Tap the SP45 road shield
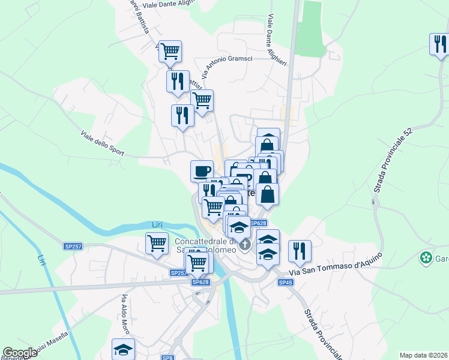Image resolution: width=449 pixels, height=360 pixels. pyautogui.click(x=286, y=282)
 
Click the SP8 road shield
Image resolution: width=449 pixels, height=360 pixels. pyautogui.click(x=167, y=358)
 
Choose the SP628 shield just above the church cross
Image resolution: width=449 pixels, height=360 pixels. pyautogui.click(x=258, y=223)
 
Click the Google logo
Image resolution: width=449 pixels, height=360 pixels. pyautogui.click(x=20, y=353)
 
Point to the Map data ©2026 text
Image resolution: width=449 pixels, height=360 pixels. pyautogui.click(x=423, y=355)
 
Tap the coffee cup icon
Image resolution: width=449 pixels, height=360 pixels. pyautogui.click(x=202, y=170)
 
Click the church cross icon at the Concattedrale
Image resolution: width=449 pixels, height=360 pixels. pyautogui.click(x=245, y=245)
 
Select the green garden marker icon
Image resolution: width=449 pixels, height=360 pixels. pyautogui.click(x=426, y=258)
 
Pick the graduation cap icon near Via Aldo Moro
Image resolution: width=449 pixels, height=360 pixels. pyautogui.click(x=124, y=348)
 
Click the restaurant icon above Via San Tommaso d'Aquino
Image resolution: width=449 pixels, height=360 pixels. pyautogui.click(x=299, y=250)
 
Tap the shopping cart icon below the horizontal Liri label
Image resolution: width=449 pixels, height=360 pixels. pyautogui.click(x=157, y=244)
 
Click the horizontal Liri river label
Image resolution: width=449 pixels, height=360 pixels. pyautogui.click(x=158, y=224)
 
